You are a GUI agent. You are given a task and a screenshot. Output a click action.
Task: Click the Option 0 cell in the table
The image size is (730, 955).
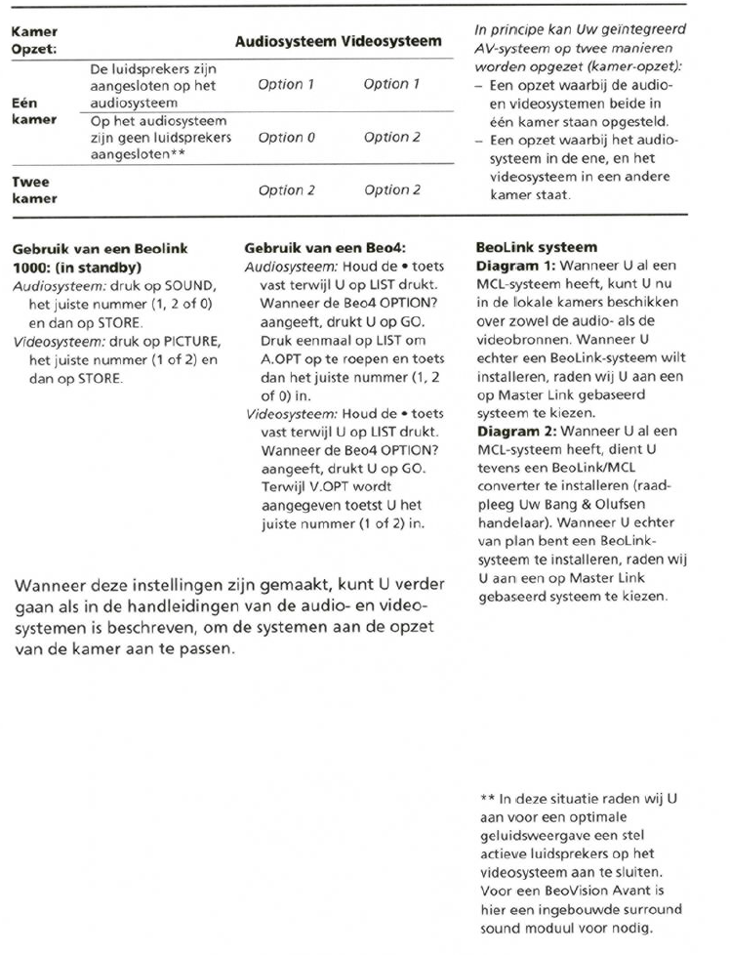(x=286, y=138)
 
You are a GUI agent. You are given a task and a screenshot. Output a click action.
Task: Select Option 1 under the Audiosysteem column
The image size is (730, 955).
(x=286, y=85)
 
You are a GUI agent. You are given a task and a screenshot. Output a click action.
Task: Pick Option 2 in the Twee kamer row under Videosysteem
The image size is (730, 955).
(x=391, y=190)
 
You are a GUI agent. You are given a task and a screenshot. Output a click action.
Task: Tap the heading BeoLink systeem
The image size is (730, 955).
(x=522, y=249)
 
